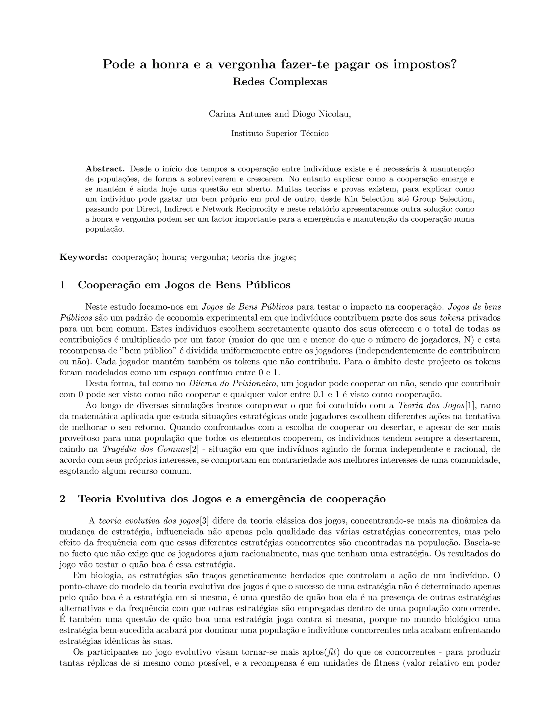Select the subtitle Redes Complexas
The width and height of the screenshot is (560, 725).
[280, 82]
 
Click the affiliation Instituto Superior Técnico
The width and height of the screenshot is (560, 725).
[280, 134]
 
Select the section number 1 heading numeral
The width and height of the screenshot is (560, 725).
[62, 285]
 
